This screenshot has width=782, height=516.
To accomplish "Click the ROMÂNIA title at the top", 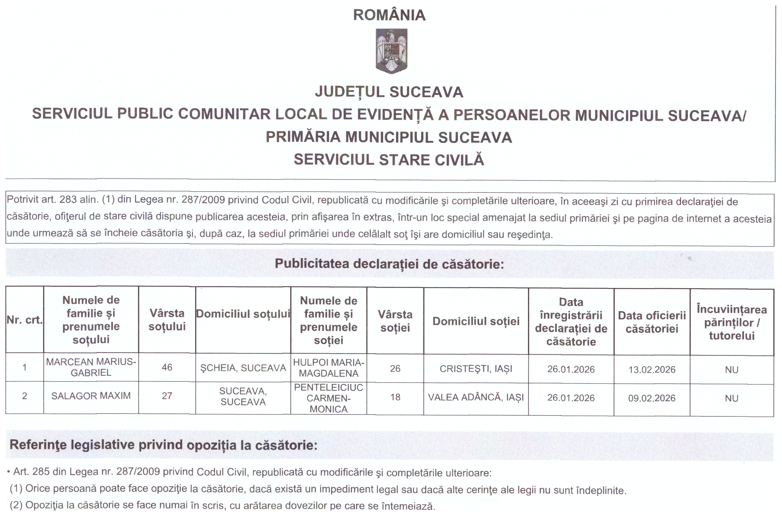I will click(389, 15).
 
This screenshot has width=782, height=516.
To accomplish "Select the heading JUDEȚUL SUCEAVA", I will click(389, 92).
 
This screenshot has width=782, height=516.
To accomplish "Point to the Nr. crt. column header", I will click(25, 320).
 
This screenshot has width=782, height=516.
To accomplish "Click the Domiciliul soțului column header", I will click(243, 314).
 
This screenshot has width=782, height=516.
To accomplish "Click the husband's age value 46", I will click(167, 367).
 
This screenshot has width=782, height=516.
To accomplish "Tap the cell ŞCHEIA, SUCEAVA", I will click(243, 368).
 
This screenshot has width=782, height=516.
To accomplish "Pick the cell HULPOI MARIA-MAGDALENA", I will click(329, 368).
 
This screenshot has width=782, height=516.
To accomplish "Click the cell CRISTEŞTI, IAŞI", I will click(476, 369).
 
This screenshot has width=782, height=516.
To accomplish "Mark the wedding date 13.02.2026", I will click(652, 370).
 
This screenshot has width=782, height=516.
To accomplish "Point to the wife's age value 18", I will click(395, 397).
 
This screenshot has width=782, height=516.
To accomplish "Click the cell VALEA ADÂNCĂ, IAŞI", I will click(476, 398).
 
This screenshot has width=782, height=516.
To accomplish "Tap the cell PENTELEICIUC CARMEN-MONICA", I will click(329, 398).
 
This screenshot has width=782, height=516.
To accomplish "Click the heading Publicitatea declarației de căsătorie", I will click(389, 264).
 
